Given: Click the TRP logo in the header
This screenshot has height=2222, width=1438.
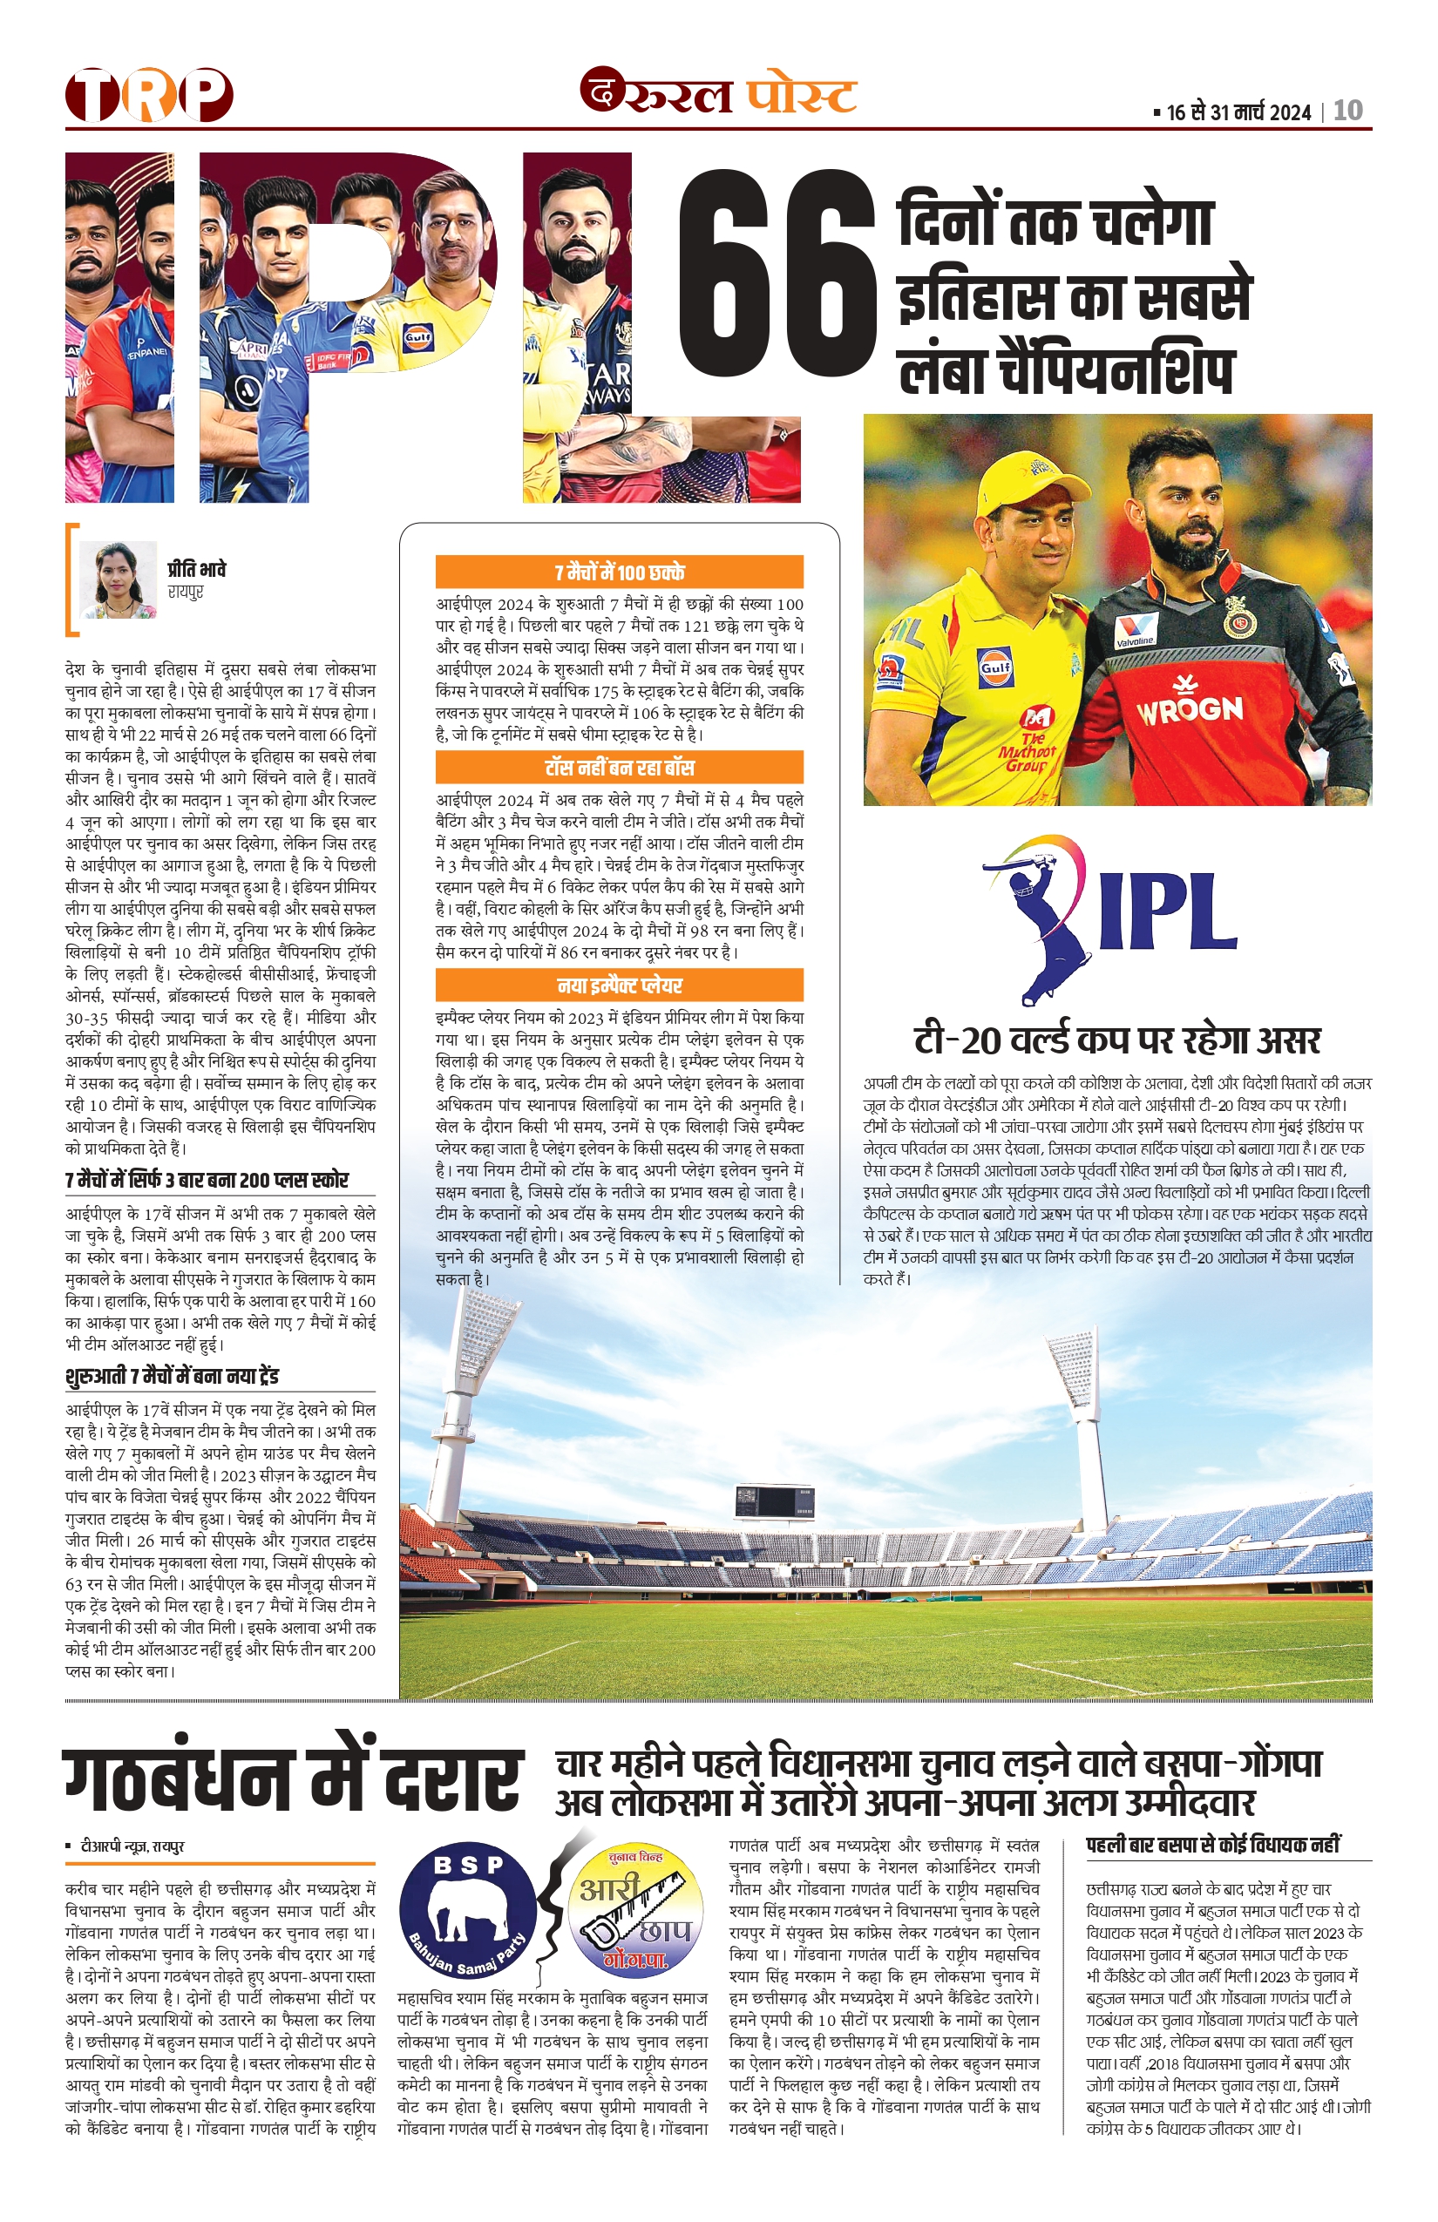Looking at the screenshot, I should tap(148, 94).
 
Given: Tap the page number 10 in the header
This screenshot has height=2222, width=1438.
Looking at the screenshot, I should tap(1347, 112).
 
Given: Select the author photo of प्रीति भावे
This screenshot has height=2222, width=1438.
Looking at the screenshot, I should tap(118, 579).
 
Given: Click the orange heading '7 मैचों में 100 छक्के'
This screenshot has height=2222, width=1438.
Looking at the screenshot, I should tap(619, 572).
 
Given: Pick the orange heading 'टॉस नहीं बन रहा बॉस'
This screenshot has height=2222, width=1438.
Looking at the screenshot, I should tap(619, 768).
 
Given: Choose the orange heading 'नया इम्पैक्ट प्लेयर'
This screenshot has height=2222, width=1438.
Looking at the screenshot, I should tap(619, 985).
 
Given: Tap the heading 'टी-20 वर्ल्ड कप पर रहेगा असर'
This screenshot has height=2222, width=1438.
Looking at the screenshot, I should tap(1116, 1039).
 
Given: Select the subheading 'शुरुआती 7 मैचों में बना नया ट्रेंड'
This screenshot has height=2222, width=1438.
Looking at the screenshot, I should tap(173, 1376).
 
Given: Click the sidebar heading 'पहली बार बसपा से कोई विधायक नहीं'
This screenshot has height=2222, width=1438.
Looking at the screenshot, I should tap(1213, 1844).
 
